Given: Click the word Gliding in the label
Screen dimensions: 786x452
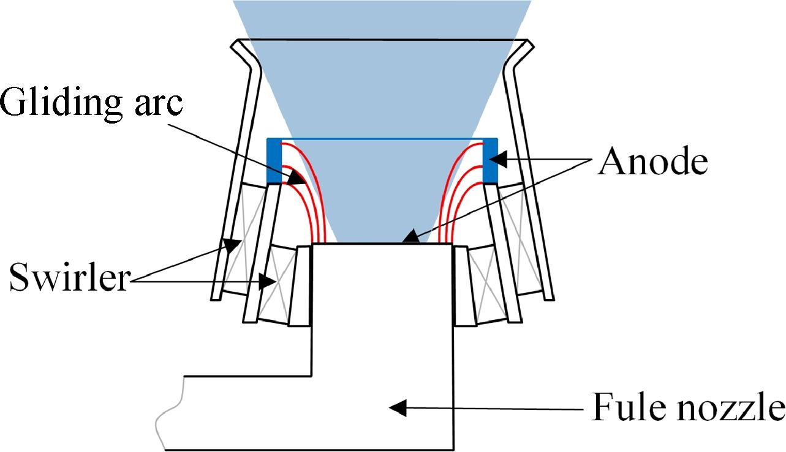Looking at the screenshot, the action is click(x=61, y=102).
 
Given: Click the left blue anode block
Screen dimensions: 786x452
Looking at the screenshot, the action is click(x=274, y=160).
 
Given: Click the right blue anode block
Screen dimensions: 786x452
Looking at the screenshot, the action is click(x=490, y=160).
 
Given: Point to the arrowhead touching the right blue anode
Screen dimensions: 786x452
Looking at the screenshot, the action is click(x=498, y=159).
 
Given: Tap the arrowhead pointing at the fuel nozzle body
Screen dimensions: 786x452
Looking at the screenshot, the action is click(x=398, y=407).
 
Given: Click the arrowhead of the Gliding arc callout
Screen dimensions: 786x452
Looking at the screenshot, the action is click(x=297, y=177).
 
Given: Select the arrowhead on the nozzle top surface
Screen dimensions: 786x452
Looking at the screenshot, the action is click(x=411, y=237).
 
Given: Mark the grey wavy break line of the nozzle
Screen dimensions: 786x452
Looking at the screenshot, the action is click(x=171, y=413).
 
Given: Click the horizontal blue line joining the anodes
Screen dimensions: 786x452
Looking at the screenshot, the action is click(x=382, y=139).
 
